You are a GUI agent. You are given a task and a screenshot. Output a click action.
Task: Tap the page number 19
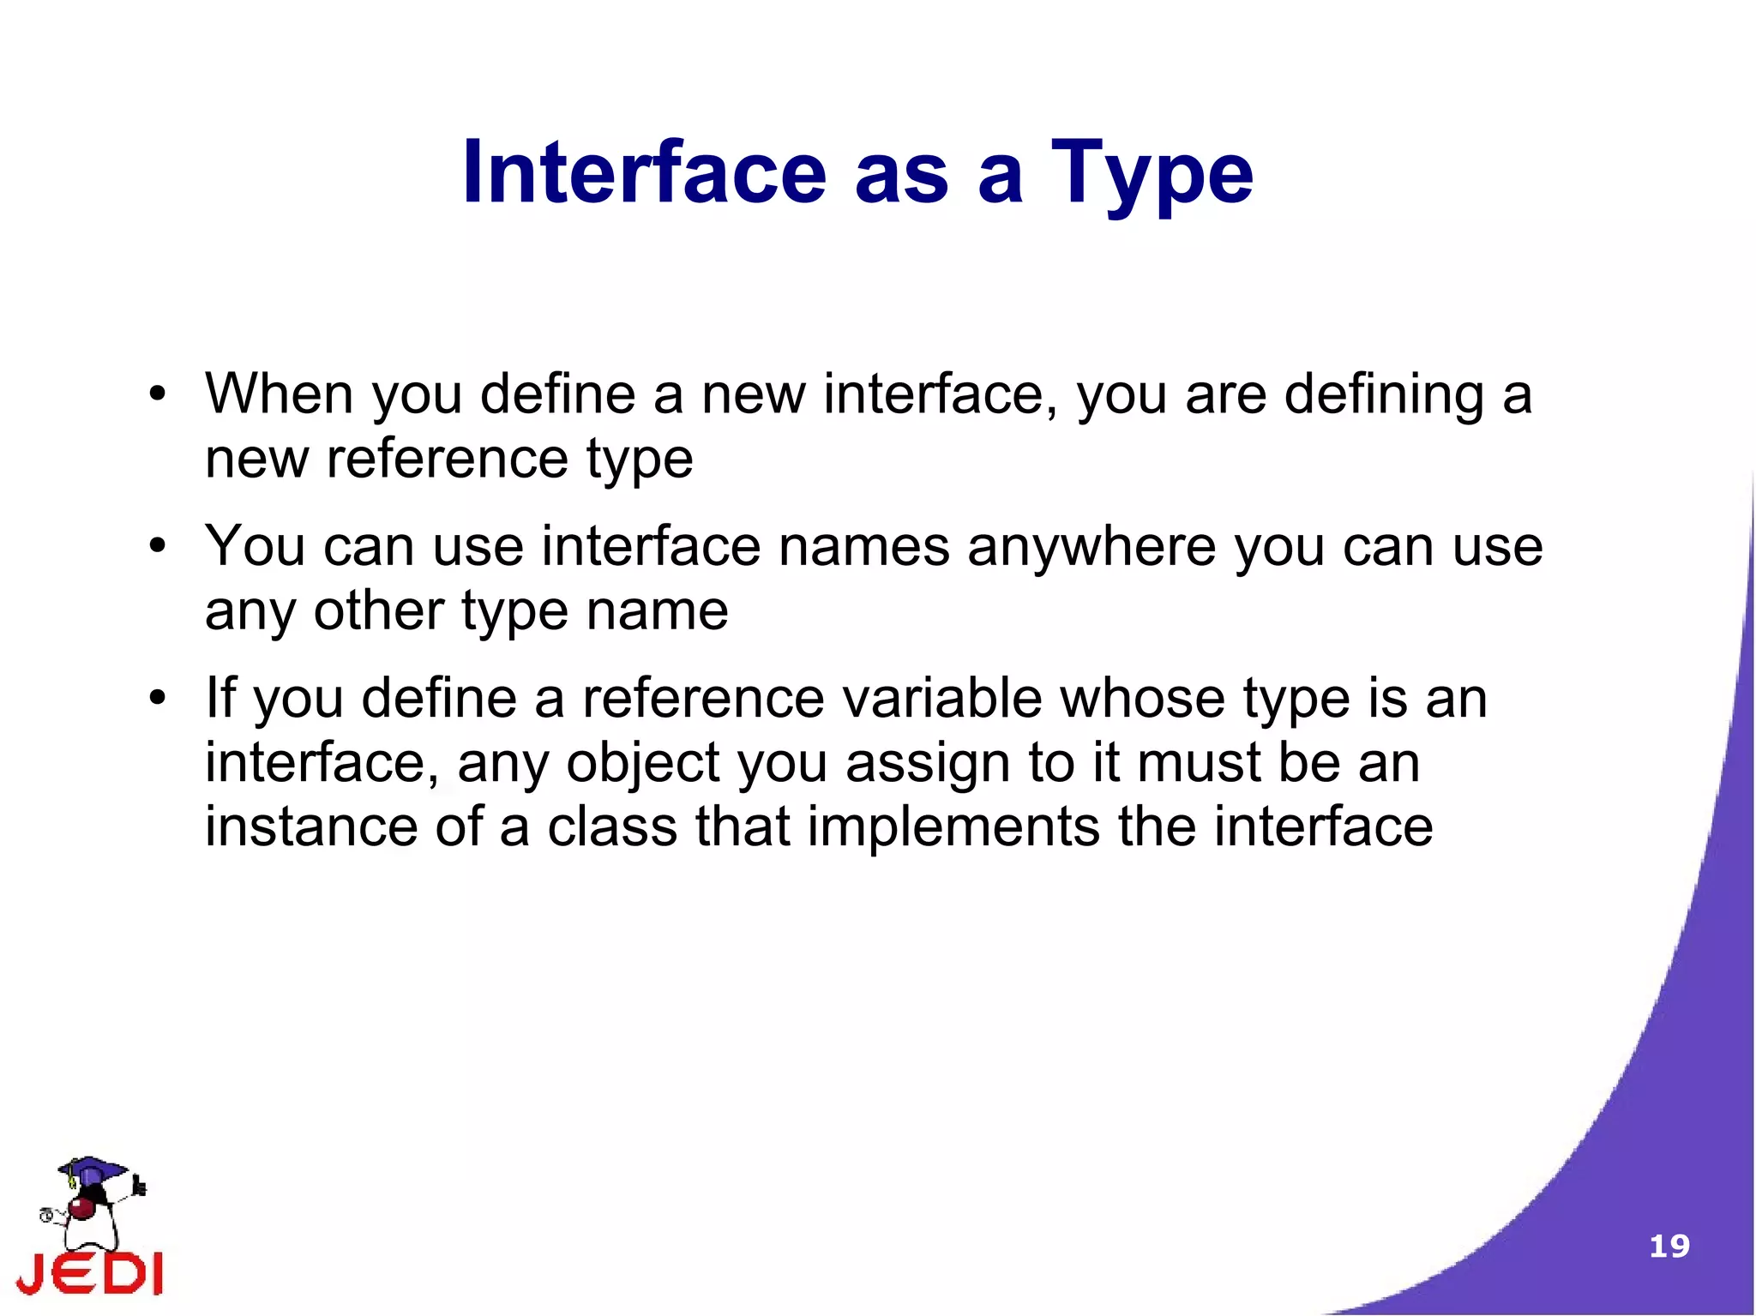1669,1246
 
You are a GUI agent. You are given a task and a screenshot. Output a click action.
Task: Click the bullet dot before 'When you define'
156,395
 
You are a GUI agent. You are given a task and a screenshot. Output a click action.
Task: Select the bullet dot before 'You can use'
156,546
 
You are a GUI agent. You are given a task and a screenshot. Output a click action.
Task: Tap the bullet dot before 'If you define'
156,697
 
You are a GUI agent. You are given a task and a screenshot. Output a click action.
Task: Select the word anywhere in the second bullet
1091,546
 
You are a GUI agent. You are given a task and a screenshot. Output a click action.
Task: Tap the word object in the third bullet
643,762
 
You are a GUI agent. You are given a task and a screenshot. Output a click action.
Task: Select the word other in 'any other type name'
378,610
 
